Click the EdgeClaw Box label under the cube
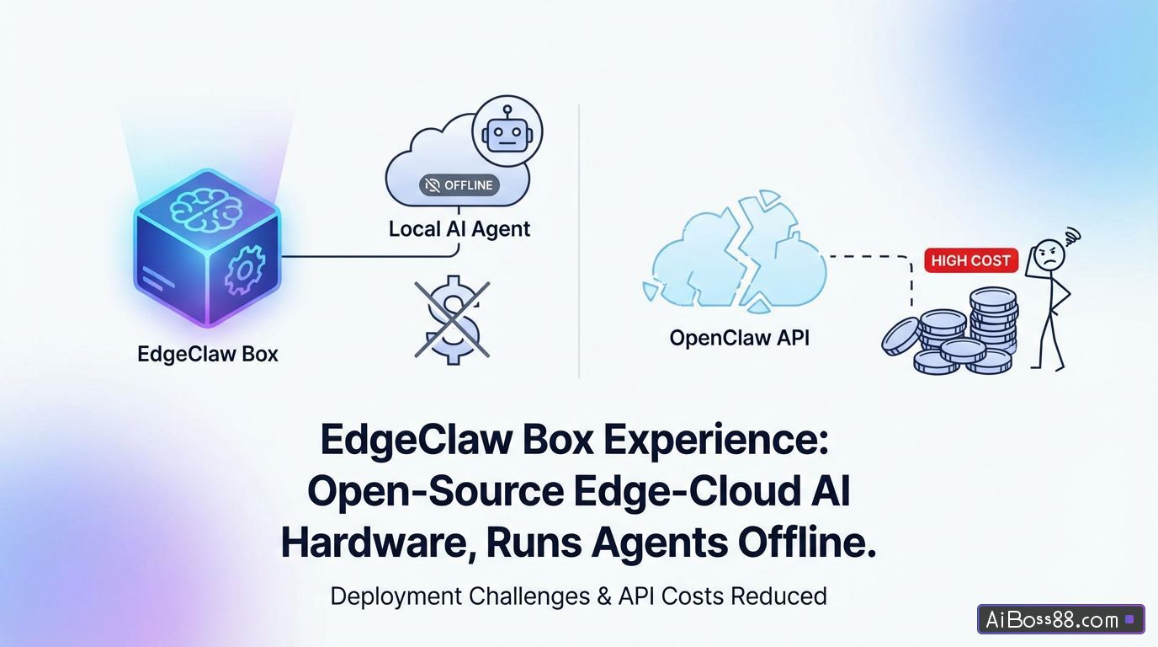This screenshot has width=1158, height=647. tap(207, 354)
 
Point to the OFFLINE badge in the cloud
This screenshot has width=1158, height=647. tap(459, 185)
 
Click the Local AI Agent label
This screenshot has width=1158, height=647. tap(459, 229)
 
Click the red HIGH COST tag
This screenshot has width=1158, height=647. tap(970, 260)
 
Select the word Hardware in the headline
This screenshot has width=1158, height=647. tap(371, 543)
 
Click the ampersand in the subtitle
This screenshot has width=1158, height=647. tap(603, 596)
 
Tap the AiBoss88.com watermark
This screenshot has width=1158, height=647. tap(1060, 620)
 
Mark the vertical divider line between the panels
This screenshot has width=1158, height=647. tap(580, 240)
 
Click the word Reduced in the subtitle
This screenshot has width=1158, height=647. tap(778, 596)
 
